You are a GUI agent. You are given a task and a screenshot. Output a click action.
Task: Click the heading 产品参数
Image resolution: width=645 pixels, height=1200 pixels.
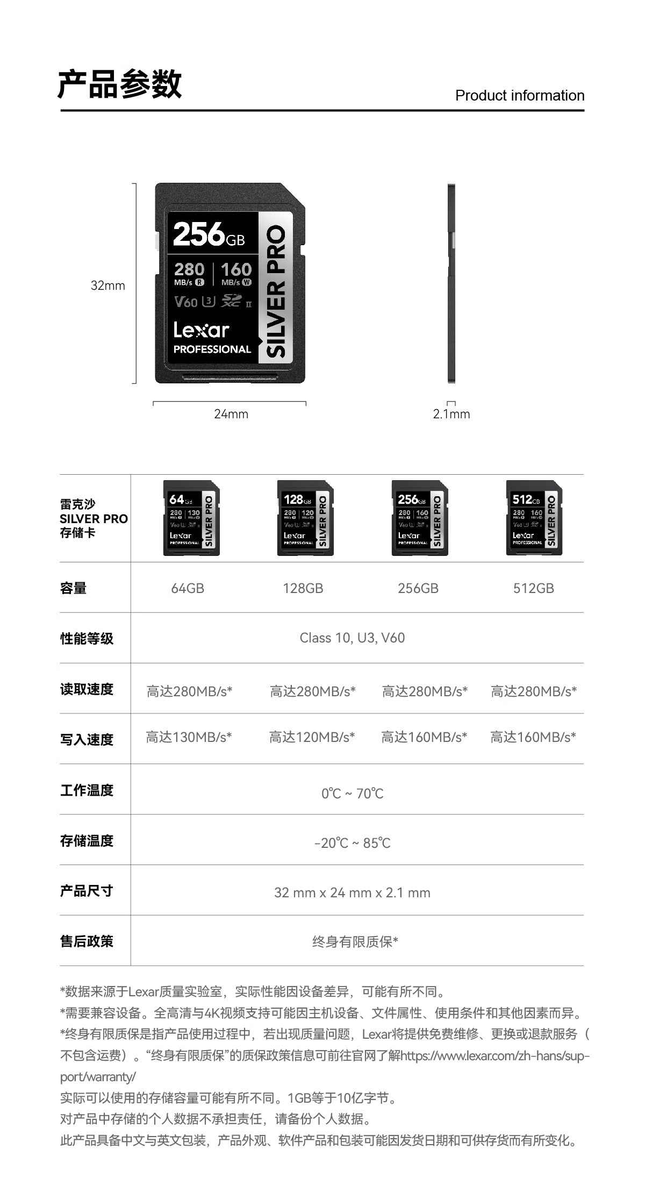coord(120,84)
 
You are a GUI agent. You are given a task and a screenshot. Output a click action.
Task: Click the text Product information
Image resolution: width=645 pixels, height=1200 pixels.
coord(520,96)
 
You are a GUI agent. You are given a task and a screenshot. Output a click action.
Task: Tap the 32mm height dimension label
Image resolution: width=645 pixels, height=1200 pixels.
coord(107,285)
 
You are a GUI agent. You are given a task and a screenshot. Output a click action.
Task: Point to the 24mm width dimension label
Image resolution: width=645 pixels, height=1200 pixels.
coord(231,414)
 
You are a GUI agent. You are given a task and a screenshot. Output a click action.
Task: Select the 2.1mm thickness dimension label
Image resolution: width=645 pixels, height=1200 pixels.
coord(451,414)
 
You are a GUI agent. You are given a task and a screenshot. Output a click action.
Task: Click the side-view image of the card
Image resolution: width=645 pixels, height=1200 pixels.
coord(451,283)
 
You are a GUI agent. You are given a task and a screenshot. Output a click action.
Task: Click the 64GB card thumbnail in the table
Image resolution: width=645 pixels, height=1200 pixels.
coord(191,518)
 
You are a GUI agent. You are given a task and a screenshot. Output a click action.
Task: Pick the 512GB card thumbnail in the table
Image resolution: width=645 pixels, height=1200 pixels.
coord(534,518)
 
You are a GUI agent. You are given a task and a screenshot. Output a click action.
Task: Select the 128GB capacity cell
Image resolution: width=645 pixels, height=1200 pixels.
coord(303,588)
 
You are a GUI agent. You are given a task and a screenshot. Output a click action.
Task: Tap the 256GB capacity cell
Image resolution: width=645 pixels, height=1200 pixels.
coord(418,588)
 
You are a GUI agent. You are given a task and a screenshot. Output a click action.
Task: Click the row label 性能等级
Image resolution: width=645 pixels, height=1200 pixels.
coord(87,639)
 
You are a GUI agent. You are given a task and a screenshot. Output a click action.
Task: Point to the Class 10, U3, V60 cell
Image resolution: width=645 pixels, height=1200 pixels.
coord(352,638)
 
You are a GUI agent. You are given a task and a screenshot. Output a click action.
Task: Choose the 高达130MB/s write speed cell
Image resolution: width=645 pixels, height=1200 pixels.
coord(189,737)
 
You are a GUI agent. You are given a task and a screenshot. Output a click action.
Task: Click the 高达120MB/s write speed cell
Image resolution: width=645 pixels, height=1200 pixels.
coord(312,737)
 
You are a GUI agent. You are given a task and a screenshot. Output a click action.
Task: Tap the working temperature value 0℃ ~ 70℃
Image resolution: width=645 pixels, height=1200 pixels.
coord(353,794)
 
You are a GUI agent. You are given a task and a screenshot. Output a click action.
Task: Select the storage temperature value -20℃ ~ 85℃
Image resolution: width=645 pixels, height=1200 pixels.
coord(353,843)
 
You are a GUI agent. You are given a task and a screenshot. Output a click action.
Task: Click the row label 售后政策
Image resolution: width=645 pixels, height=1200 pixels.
coord(87,941)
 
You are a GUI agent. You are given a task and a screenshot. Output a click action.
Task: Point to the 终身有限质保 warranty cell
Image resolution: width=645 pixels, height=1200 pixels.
coord(355,942)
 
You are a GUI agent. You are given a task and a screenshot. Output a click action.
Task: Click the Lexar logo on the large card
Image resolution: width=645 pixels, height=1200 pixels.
coord(202,330)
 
